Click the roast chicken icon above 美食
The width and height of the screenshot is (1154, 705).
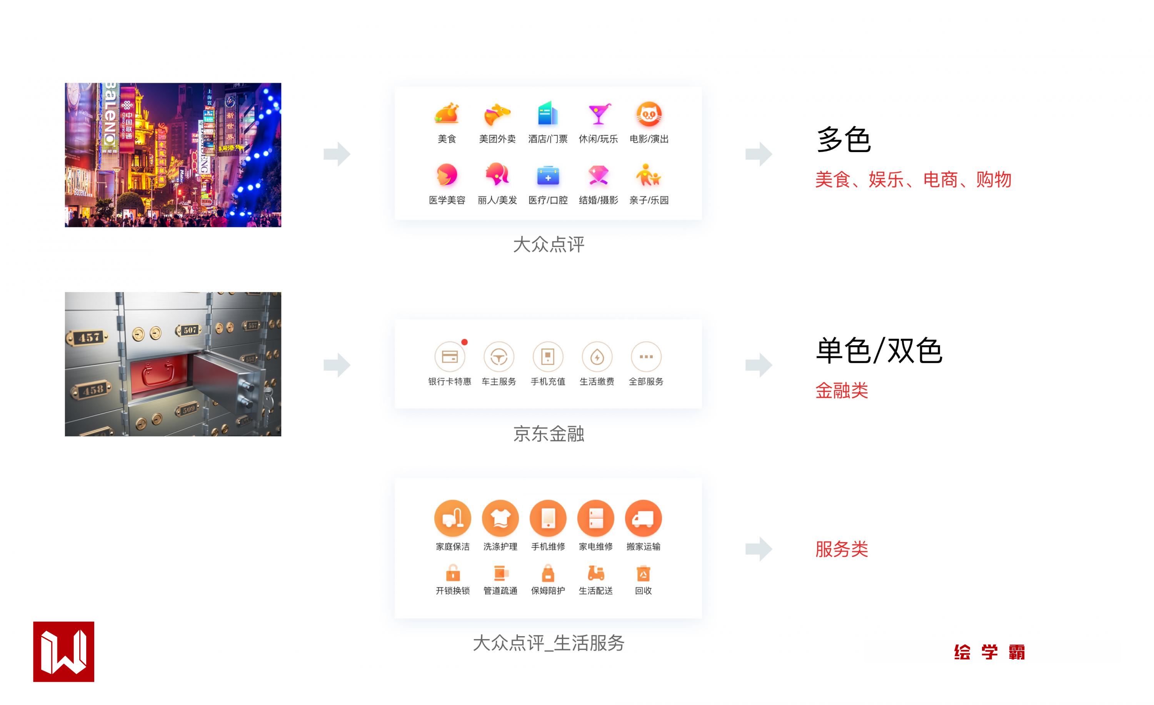coord(447,114)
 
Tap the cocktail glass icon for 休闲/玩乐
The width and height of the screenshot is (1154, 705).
coord(599,114)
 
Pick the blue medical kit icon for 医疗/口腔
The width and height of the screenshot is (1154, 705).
coord(548,175)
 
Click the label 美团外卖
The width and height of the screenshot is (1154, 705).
coord(497,139)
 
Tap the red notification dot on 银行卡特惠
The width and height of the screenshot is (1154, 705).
coord(465,342)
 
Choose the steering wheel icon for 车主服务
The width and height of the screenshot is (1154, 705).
coord(499,357)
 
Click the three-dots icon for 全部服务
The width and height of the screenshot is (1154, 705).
coord(646,357)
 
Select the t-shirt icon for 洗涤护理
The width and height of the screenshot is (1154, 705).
coord(500,518)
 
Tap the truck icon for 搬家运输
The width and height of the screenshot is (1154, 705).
coord(644,518)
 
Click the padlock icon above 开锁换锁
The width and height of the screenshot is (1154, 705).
coord(453,573)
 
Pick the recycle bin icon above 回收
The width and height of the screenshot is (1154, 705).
coord(644,573)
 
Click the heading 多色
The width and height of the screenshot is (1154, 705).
coord(844,140)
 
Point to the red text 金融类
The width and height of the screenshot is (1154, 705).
coord(842,391)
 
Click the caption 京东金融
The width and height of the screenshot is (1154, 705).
coord(549,434)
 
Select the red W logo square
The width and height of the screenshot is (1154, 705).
coord(64,652)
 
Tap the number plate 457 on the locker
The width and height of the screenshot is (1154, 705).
coord(89,337)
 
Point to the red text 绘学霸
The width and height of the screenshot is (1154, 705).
coord(989,652)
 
